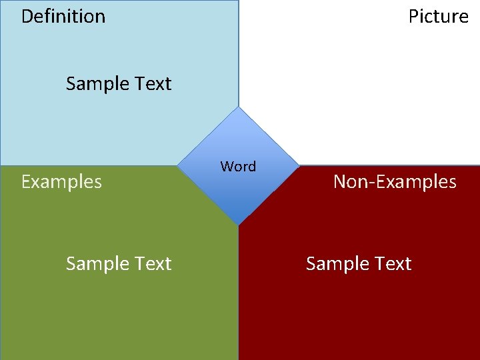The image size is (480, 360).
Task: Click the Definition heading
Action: click(63, 16)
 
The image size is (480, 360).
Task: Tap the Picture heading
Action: click(438, 16)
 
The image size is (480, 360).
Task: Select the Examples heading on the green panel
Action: click(61, 181)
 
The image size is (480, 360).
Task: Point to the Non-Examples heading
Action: click(395, 181)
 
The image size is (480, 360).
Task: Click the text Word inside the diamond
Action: click(238, 167)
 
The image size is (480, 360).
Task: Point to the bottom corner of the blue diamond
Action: click(239, 225)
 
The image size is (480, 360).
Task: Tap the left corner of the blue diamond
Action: click(179, 166)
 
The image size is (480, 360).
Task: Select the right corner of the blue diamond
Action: click(298, 166)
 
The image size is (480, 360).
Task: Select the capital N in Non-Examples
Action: click(339, 181)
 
